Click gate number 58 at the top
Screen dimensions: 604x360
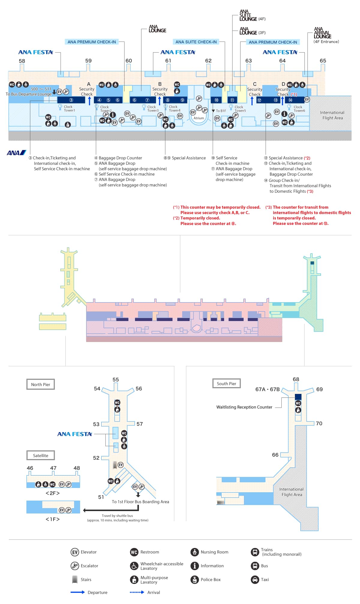point(22,61)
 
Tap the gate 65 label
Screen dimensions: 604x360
point(323,61)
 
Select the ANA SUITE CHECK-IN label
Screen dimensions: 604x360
point(196,42)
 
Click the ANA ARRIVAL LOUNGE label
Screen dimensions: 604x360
point(323,33)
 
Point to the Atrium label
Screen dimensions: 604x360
point(199,118)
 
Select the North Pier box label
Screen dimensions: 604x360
point(40,385)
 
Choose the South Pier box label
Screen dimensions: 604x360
point(226,384)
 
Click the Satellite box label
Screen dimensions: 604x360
point(40,456)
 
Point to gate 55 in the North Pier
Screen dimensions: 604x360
point(115,379)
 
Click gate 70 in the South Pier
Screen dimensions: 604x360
point(319,424)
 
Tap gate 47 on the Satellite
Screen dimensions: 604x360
point(53,468)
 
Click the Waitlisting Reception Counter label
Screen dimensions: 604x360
point(244,407)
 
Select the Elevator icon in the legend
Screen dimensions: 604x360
point(75,552)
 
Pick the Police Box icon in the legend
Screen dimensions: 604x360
point(195,580)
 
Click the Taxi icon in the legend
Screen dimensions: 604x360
point(255,580)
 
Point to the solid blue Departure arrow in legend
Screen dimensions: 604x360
point(77,592)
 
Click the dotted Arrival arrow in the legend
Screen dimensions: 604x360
point(137,592)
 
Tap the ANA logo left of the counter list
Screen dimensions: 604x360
point(16,153)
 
